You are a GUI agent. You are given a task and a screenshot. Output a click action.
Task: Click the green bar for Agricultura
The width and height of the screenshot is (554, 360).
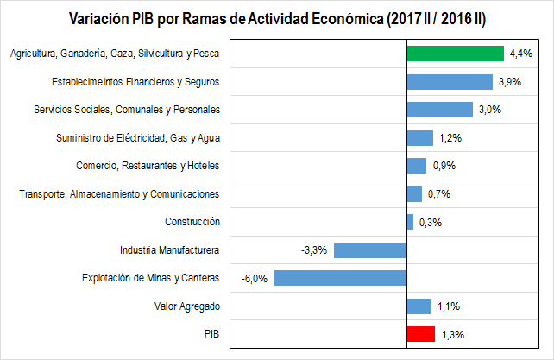(455, 54)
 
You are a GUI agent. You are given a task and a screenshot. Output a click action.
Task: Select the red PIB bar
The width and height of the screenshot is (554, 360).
(420, 334)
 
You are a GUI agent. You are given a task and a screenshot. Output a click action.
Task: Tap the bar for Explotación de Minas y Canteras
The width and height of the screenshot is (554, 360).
(340, 278)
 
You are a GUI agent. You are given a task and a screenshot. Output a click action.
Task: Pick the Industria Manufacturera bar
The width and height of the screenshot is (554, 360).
(369, 250)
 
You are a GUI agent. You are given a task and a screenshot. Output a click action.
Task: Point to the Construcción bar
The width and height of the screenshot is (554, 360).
(410, 222)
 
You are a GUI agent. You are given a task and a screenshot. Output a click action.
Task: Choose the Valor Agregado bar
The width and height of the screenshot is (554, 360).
(419, 306)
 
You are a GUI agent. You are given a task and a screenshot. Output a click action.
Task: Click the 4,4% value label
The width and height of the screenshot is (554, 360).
(520, 54)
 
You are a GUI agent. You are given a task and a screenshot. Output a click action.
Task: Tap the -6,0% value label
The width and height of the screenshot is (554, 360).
(255, 278)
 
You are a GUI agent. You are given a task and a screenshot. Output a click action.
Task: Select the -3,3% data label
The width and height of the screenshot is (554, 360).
(313, 250)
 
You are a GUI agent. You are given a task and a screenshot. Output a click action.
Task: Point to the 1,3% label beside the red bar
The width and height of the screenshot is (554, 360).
(451, 334)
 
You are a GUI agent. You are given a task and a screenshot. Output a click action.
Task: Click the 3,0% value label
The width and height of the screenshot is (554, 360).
(489, 110)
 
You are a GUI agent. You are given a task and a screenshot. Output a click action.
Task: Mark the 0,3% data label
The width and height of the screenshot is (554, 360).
(430, 222)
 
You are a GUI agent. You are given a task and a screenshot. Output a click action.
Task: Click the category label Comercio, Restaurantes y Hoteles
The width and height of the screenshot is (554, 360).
(148, 166)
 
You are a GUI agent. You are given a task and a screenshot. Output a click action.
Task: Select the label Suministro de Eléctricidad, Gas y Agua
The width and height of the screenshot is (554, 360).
(137, 138)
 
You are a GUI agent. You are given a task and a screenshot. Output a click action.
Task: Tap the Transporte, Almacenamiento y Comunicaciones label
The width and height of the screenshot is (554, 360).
(119, 194)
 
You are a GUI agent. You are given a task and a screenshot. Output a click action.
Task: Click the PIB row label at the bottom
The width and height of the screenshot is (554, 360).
(211, 334)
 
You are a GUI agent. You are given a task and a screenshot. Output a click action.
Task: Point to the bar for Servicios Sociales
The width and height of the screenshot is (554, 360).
(439, 110)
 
